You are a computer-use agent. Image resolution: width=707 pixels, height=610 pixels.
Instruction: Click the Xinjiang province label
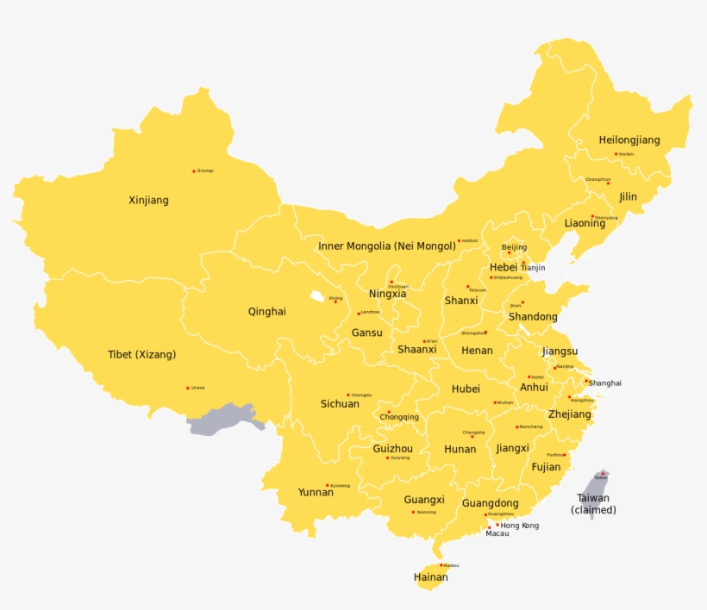tap(148, 200)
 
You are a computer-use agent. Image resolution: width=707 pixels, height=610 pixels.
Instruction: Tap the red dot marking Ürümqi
tap(194, 171)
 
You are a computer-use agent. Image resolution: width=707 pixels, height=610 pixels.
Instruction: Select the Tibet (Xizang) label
tap(141, 354)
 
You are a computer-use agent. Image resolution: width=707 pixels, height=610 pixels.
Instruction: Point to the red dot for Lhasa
tap(188, 388)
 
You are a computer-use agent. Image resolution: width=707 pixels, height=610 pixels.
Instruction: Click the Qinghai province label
tap(266, 312)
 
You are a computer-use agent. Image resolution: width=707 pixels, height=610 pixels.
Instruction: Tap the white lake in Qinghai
tap(317, 297)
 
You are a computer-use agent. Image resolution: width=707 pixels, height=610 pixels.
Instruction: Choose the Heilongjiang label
tap(629, 140)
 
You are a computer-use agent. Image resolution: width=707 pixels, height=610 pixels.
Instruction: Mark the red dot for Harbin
tap(616, 154)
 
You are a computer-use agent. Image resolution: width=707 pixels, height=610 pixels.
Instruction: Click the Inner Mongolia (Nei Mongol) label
tap(387, 246)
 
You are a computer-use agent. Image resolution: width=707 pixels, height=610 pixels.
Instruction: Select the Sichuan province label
tap(340, 403)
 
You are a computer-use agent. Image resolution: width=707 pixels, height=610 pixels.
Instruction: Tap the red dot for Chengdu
tap(348, 395)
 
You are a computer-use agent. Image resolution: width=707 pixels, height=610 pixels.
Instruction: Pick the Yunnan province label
tap(316, 492)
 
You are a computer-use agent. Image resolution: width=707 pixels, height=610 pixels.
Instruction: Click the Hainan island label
tap(430, 576)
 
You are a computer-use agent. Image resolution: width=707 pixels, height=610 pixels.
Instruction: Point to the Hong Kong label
tap(520, 526)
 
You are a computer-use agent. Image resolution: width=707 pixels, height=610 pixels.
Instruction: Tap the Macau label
tap(497, 533)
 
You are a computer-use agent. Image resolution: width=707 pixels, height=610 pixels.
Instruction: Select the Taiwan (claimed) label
tap(593, 503)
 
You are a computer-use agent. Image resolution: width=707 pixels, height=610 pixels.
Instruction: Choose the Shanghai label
tap(605, 383)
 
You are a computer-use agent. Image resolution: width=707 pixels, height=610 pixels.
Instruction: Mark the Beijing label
tap(514, 247)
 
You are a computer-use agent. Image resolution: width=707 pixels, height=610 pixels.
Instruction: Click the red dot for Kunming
tap(327, 485)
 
